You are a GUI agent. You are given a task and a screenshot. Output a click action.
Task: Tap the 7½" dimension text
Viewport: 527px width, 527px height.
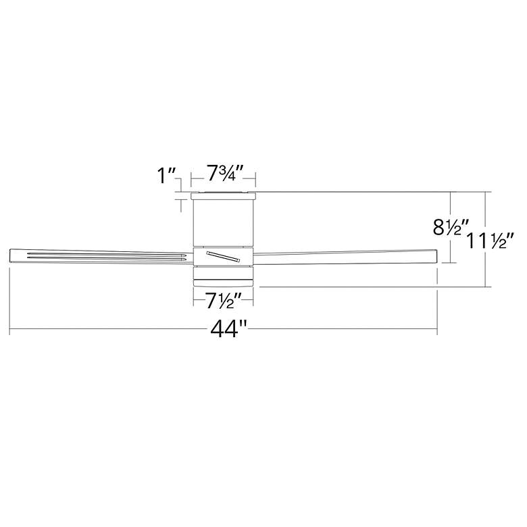click(x=224, y=297)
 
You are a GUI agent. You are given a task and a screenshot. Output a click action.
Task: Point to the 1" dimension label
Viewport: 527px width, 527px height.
click(x=166, y=177)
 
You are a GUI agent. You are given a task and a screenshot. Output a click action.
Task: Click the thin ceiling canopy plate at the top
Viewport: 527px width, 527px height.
click(x=224, y=195)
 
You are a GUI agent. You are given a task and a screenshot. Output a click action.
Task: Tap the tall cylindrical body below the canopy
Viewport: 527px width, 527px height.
click(x=224, y=223)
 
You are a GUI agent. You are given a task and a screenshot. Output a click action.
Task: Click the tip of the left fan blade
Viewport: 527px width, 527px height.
click(x=11, y=256)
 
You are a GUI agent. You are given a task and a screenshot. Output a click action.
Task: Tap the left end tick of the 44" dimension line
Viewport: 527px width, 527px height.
click(x=9, y=330)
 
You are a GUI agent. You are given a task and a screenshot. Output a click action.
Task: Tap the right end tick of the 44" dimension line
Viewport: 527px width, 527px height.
click(x=438, y=330)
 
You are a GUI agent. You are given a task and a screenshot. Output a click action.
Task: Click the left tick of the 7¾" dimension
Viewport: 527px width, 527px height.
click(x=192, y=179)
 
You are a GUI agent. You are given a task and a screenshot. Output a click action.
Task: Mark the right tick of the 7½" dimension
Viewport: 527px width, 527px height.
click(x=254, y=297)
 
